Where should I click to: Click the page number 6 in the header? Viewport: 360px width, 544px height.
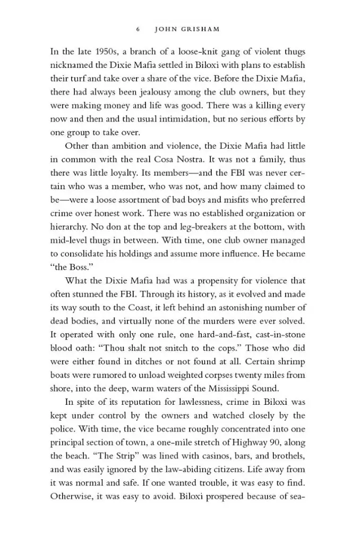tap(138, 29)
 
